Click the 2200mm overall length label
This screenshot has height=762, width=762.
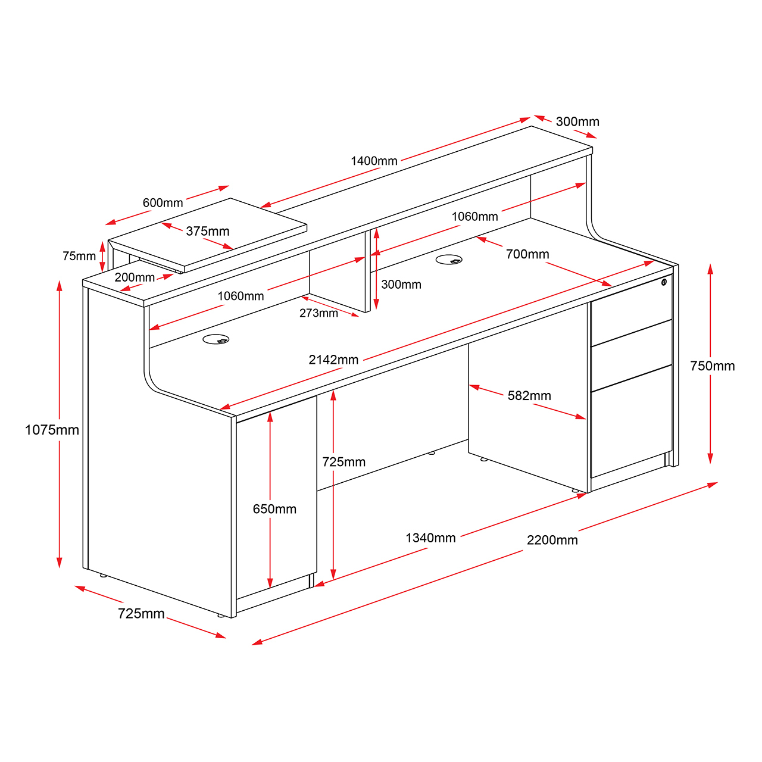point(552,540)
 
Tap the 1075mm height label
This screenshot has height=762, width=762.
point(52,430)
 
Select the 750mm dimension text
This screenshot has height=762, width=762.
point(712,366)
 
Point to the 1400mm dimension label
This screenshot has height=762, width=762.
point(374,161)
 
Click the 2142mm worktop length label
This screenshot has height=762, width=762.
point(333,360)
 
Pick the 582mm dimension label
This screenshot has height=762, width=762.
point(529,395)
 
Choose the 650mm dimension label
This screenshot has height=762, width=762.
point(274,509)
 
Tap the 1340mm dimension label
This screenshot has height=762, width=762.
point(430,538)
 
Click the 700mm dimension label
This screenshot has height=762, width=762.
point(527,254)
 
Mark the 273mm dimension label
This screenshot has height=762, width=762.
point(318,313)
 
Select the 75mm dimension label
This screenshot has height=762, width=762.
point(79,256)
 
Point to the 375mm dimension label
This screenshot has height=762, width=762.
point(208,231)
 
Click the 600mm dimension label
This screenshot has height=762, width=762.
point(163,203)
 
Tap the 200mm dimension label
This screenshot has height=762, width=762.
point(135,277)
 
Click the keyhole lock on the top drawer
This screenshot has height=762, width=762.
point(664,282)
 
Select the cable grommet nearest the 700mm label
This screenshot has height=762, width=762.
point(449,260)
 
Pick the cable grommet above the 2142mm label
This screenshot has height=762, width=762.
point(216,339)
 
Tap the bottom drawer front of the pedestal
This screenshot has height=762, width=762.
point(631,421)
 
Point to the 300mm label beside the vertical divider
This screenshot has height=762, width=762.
point(401,285)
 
